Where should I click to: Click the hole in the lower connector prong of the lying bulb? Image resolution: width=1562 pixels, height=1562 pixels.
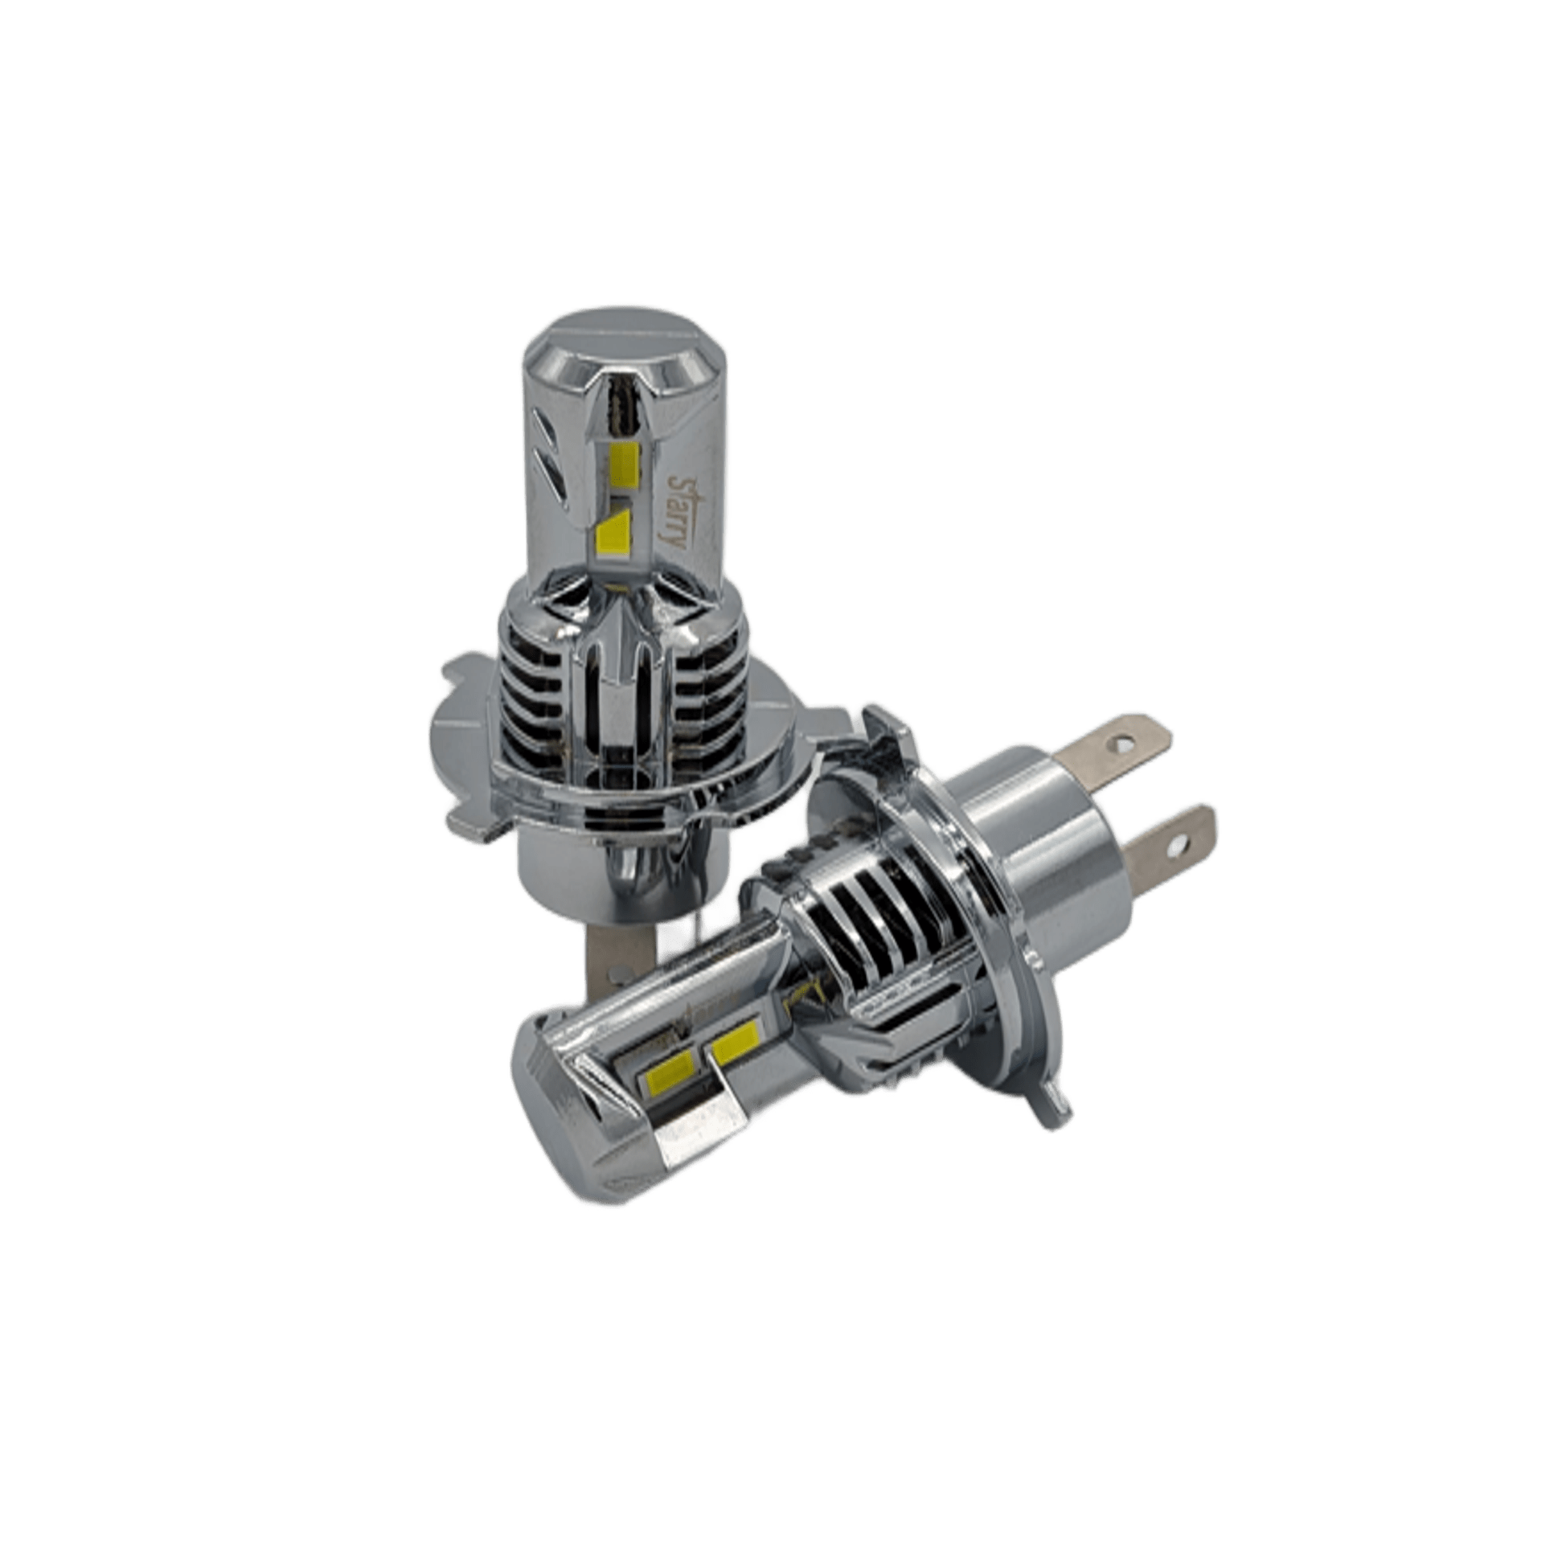(1178, 846)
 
